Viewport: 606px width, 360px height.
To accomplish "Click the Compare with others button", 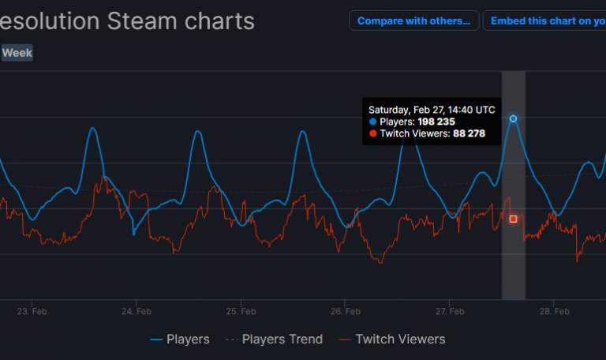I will click(x=414, y=21).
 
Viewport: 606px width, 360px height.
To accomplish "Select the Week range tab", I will click(x=17, y=54).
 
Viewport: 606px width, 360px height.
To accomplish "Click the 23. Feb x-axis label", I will click(x=32, y=312).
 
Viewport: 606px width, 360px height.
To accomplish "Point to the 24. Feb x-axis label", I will click(x=137, y=312).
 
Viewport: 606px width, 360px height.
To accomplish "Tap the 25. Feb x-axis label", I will click(x=241, y=312).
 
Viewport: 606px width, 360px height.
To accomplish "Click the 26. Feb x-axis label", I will click(x=346, y=312).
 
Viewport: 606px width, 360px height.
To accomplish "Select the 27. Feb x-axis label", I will click(x=450, y=312).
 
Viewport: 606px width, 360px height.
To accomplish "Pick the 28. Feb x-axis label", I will click(x=555, y=312).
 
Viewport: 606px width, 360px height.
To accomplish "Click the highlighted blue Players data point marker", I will click(x=514, y=118).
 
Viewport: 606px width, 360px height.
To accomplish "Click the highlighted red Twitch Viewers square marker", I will click(x=514, y=219).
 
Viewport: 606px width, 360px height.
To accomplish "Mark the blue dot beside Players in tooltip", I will click(x=372, y=122).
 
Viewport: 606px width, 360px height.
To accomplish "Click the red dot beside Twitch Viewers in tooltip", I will click(x=372, y=134).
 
